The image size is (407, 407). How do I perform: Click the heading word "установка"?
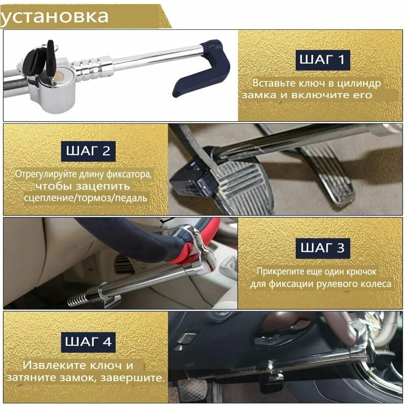[x=55, y=16]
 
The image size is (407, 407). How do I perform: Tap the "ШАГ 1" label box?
[x=322, y=59]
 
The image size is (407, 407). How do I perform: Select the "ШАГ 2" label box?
[x=88, y=151]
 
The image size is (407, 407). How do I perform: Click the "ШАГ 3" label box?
[x=322, y=247]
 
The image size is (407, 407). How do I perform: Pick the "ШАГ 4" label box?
[x=88, y=341]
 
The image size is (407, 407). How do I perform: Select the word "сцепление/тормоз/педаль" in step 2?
[x=86, y=198]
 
